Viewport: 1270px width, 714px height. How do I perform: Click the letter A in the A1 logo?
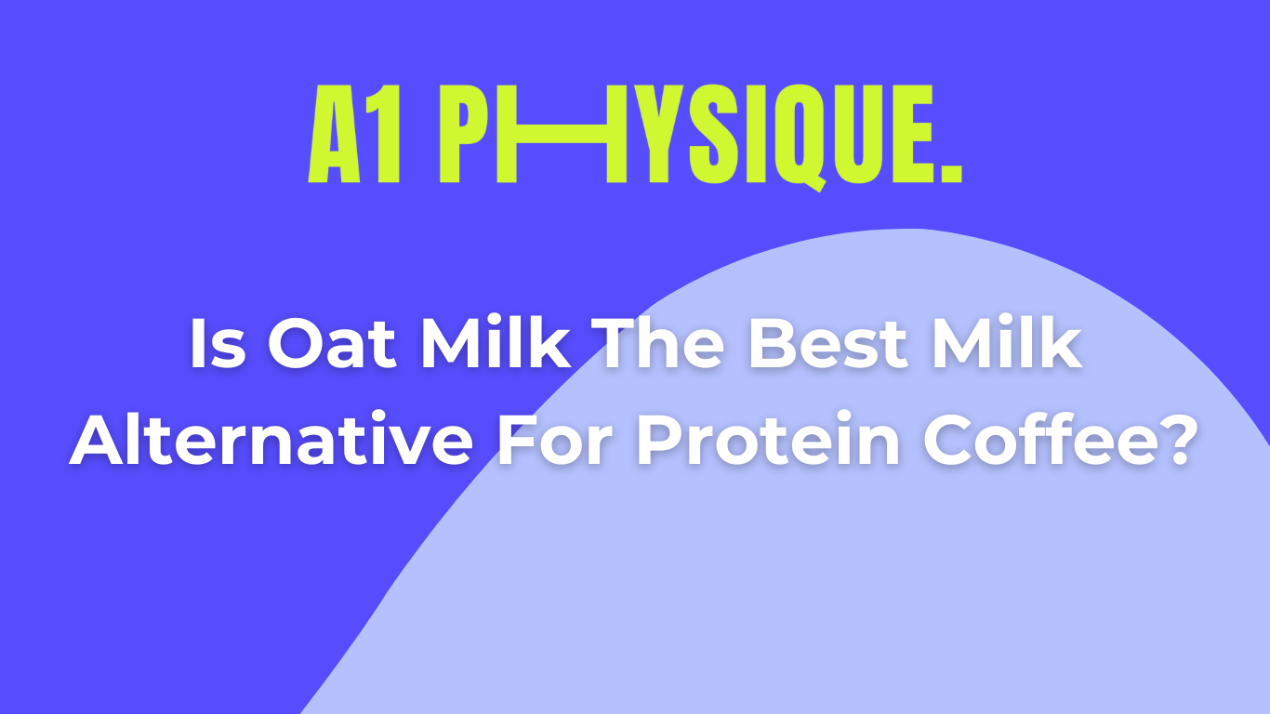[x=335, y=134]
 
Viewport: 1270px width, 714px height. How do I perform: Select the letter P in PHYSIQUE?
[x=465, y=134]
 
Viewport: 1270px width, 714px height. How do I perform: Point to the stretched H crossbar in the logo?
[x=562, y=134]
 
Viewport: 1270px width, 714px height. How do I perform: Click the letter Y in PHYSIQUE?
[x=659, y=134]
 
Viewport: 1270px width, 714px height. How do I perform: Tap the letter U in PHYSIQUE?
[x=860, y=134]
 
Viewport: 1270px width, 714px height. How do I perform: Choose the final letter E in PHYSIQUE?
[x=913, y=134]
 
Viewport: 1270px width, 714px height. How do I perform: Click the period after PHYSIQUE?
[x=951, y=173]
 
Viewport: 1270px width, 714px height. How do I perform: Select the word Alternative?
[x=271, y=440]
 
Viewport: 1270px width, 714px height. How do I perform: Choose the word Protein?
[x=768, y=440]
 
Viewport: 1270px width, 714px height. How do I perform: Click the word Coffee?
[x=1037, y=440]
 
